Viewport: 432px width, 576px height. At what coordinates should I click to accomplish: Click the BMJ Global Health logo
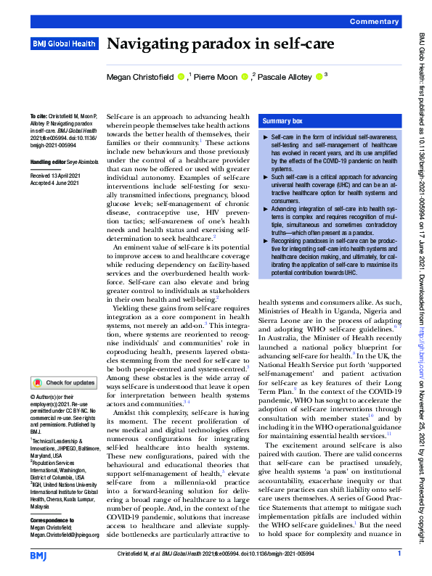click(x=64, y=44)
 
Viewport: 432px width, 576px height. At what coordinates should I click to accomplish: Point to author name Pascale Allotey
click(x=285, y=75)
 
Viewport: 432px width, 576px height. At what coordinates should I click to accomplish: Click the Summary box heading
click(x=283, y=121)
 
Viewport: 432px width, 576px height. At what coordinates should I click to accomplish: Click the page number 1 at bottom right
click(x=399, y=554)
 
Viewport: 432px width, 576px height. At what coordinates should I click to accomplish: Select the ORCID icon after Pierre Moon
click(x=247, y=75)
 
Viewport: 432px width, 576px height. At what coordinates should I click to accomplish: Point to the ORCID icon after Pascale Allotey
click(x=319, y=75)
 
